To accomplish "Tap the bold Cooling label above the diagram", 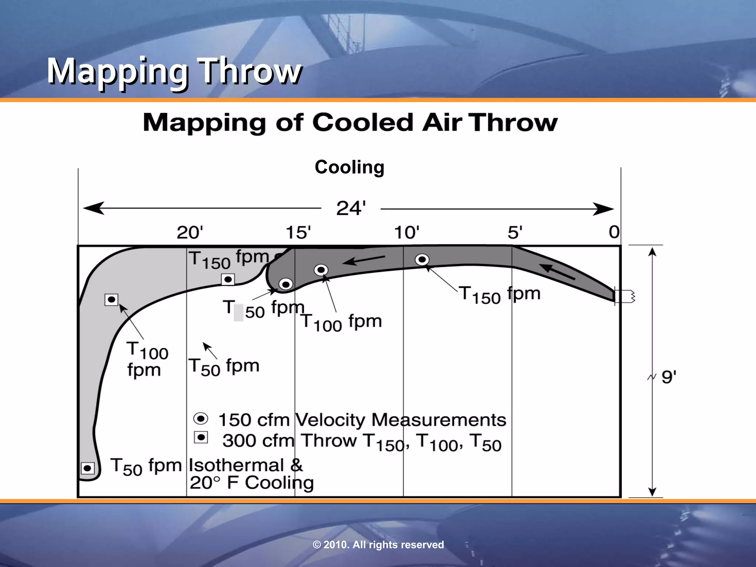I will tap(349, 167).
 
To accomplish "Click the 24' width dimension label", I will tap(351, 208).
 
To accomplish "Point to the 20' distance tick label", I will tap(190, 233).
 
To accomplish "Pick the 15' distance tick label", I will tap(298, 233).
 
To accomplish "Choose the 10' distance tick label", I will tap(406, 233).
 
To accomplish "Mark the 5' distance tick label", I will tap(515, 233).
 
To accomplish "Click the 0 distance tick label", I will tap(614, 232).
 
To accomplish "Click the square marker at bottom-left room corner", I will tap(87, 468).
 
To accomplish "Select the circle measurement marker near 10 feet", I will tap(422, 260).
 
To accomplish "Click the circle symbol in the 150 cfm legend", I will tap(201, 419).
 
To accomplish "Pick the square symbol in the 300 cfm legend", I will tap(201, 438).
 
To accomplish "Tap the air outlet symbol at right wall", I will tap(625, 296).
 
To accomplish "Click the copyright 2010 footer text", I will tap(378, 544).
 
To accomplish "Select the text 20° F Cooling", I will tap(251, 483).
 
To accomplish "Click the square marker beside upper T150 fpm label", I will tap(228, 279).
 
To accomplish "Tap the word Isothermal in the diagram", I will tap(236, 465).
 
